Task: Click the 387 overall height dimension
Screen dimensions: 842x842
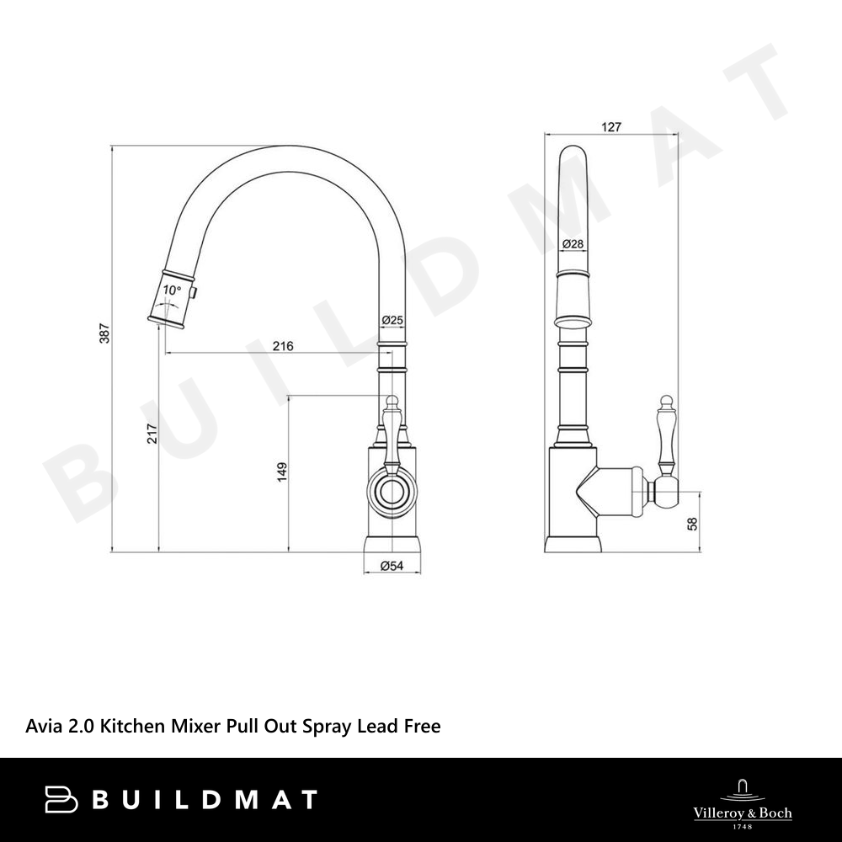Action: pyautogui.click(x=104, y=333)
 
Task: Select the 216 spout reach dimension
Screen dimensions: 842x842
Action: pyautogui.click(x=283, y=346)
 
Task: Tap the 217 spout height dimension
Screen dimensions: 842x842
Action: pyautogui.click(x=152, y=434)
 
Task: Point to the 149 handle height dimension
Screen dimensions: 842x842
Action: pyautogui.click(x=282, y=472)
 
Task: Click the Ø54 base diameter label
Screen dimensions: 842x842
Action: pyautogui.click(x=392, y=566)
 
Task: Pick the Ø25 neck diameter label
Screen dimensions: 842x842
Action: pyautogui.click(x=392, y=320)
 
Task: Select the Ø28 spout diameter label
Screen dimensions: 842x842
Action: pyautogui.click(x=573, y=244)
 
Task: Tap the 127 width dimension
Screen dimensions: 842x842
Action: pyautogui.click(x=611, y=127)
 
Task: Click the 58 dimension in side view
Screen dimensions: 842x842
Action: pyautogui.click(x=693, y=524)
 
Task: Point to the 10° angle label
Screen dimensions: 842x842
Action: pyautogui.click(x=172, y=290)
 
